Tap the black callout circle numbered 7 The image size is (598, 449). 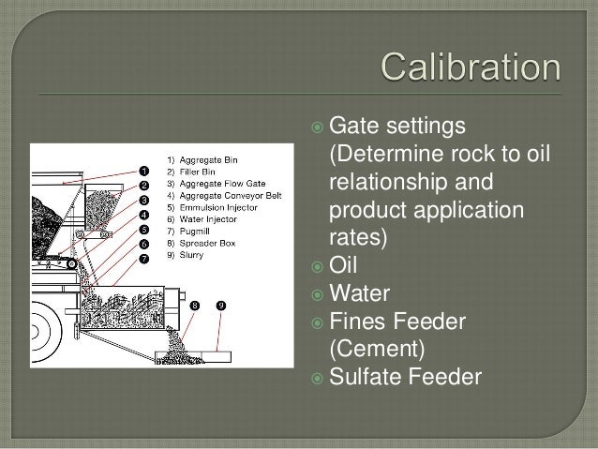pyautogui.click(x=143, y=258)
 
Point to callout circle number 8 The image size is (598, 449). pyautogui.click(x=195, y=306)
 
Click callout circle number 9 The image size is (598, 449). pyautogui.click(x=221, y=306)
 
